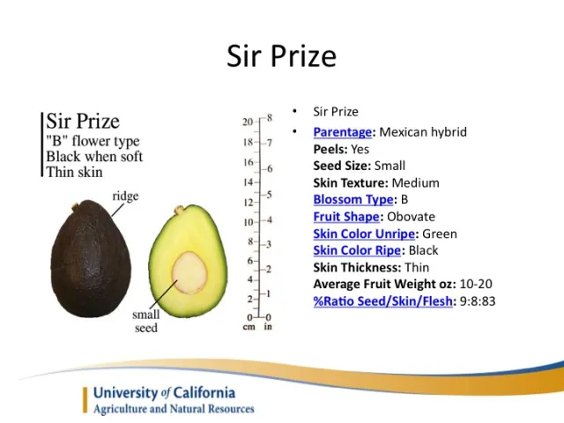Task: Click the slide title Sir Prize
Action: (281, 56)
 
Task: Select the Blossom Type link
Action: (352, 199)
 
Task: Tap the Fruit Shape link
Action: (347, 216)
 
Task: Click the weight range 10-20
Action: (476, 284)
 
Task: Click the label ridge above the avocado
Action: (125, 197)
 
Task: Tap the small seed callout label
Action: (146, 322)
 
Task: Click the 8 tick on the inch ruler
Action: (270, 117)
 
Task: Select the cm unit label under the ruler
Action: (249, 327)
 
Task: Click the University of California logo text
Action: (164, 392)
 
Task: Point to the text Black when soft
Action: (94, 156)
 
